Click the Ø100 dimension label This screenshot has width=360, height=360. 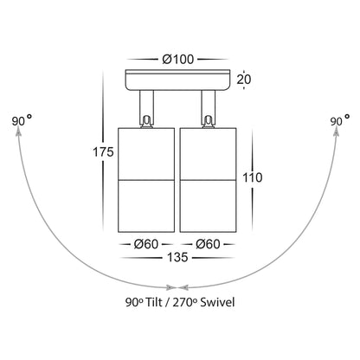coord(177,60)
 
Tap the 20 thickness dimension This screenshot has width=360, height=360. coord(244,80)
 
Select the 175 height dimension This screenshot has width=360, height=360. coord(103,151)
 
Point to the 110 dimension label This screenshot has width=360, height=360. coord(253,177)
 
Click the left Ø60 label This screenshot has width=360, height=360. coord(146,244)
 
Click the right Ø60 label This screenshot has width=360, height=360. coord(208,244)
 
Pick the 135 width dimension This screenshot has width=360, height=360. coord(177,257)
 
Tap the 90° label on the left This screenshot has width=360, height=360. coord(22,120)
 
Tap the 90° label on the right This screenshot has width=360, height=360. coord(340,120)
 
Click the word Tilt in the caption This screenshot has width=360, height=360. coord(153,302)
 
